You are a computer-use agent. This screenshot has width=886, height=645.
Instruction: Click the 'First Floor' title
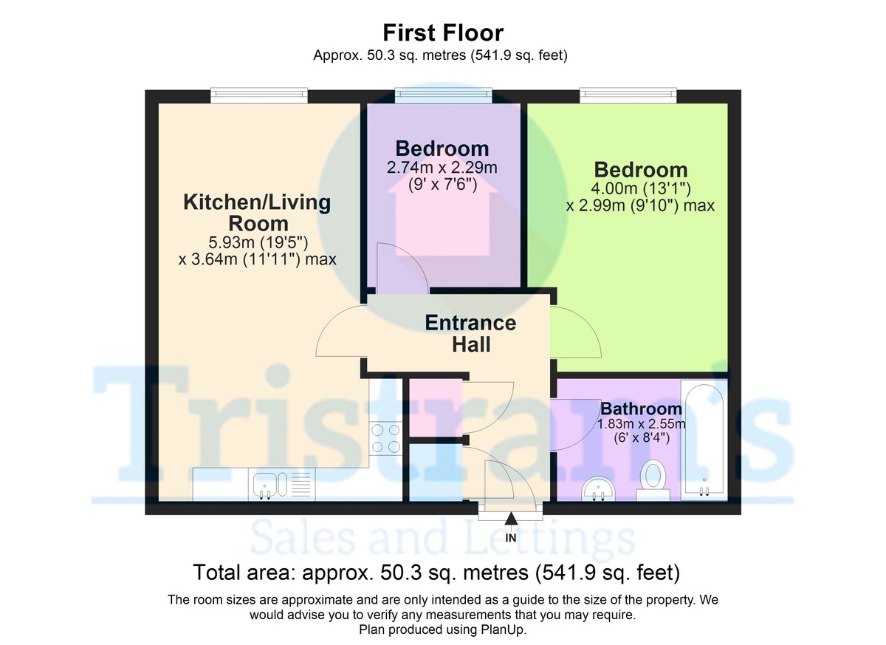[443, 33]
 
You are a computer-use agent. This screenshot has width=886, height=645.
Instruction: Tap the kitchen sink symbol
[267, 485]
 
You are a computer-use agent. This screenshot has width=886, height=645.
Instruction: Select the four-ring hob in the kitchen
[385, 437]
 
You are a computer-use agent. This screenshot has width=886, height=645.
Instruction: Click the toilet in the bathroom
[653, 475]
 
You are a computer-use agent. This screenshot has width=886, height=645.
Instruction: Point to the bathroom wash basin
[600, 488]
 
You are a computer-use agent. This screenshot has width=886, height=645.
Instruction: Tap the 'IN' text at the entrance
[511, 538]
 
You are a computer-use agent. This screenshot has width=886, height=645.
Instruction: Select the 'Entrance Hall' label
[470, 333]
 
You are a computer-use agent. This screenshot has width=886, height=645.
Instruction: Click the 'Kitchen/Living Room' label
[257, 212]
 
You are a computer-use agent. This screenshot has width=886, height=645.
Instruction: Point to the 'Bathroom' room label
[641, 409]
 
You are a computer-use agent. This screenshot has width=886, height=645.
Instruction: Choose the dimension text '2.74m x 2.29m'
[442, 168]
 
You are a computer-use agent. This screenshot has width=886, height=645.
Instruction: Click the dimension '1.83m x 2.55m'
[641, 423]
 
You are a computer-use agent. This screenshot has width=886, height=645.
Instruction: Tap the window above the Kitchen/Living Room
[258, 94]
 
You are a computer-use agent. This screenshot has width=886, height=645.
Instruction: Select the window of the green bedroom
[628, 94]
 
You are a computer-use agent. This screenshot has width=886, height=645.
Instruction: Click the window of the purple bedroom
[443, 94]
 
